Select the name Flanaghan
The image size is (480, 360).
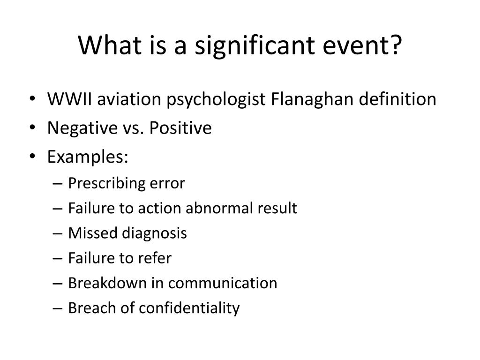[x=312, y=99]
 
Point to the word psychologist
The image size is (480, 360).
[x=216, y=100]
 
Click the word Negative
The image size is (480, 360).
[x=82, y=127]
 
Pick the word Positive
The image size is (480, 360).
[x=180, y=127]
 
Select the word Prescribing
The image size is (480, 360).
[x=106, y=183]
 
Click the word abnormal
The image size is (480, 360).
[x=219, y=208]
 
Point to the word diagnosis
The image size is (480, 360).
[x=154, y=233]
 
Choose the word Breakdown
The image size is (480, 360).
[x=107, y=283]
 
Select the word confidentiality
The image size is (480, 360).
[x=189, y=308]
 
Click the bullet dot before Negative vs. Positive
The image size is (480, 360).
[x=32, y=127]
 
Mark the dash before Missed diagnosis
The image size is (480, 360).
[x=58, y=233]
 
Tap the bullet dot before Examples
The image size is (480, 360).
[x=32, y=157]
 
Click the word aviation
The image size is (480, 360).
[x=129, y=99]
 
